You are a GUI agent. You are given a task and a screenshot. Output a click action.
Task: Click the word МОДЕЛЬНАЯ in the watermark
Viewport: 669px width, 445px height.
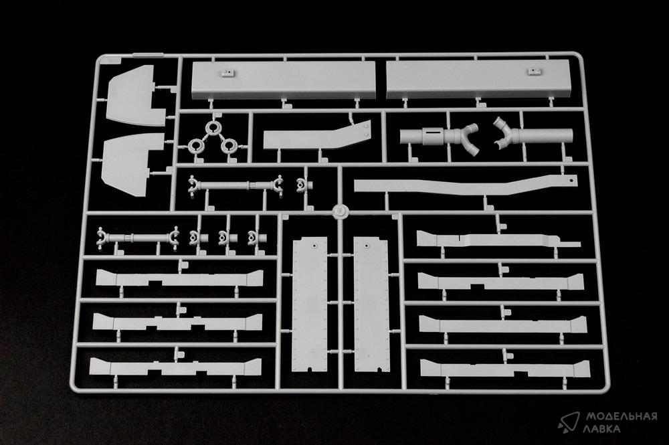621,416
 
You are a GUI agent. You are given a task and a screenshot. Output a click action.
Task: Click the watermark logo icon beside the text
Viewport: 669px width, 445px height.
569,422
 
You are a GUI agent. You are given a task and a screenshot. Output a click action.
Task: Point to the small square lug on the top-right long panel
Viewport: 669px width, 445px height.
533,71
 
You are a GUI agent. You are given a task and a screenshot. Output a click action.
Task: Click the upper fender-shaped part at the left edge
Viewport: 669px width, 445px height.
136,95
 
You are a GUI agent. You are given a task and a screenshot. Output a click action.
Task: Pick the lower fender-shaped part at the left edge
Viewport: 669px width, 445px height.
132,165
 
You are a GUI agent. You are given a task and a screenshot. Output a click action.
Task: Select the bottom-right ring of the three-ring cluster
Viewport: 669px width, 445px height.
229,146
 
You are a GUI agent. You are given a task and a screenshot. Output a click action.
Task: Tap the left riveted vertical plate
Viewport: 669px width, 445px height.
310,304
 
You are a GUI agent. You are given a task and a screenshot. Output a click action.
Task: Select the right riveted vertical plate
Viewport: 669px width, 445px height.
371,304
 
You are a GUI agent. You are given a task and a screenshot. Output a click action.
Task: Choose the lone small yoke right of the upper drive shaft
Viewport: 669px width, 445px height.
304,185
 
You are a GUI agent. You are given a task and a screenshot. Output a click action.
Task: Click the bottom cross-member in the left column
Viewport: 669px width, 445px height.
176,366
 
